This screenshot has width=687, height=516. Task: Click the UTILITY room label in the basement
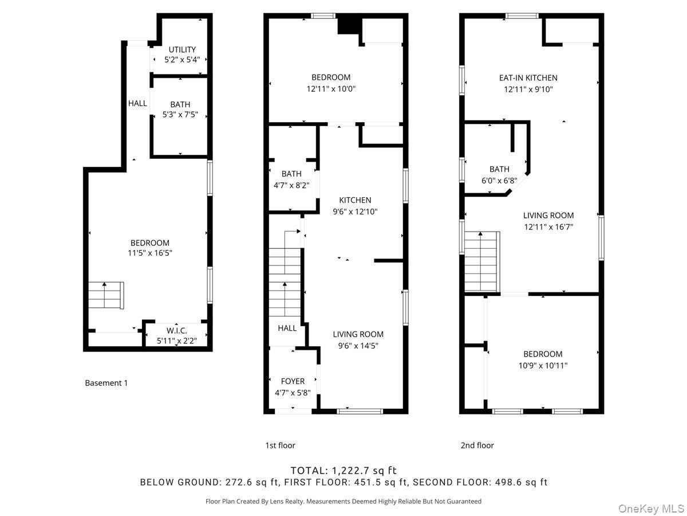click(182, 50)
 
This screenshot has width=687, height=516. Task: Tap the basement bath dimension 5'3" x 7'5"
click(180, 115)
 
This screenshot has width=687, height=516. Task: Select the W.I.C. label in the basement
click(177, 331)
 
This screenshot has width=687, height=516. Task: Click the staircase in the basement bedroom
click(106, 295)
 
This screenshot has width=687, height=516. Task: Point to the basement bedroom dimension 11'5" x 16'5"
click(150, 253)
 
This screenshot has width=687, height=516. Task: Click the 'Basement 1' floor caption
click(106, 383)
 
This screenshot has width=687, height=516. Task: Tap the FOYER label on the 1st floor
click(293, 381)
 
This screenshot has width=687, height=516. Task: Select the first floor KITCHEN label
click(355, 200)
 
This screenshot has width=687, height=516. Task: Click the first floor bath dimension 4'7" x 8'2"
click(291, 184)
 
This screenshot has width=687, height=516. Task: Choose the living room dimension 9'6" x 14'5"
click(358, 345)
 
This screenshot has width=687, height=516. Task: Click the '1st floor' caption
click(280, 445)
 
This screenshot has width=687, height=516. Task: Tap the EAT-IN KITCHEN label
click(528, 78)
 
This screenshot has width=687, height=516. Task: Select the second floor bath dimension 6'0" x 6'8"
click(499, 180)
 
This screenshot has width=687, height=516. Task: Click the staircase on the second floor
click(481, 261)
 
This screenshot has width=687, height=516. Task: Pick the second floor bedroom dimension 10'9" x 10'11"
click(542, 365)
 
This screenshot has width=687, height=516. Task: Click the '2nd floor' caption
click(477, 445)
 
